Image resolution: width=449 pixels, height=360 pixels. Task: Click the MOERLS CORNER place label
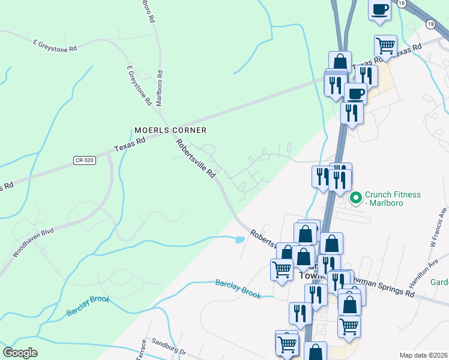(170, 130)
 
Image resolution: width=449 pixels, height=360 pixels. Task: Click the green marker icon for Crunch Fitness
(355, 196)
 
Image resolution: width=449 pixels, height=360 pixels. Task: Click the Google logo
(20, 353)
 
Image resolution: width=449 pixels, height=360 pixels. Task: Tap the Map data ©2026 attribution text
(424, 355)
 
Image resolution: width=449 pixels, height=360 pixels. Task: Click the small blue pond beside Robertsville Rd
(240, 240)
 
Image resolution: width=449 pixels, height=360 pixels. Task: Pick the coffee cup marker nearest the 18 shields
(379, 10)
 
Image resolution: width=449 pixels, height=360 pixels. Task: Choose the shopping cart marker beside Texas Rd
(385, 45)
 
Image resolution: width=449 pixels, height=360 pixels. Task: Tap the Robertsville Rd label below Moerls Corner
(196, 158)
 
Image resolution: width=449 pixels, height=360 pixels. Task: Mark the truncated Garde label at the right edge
(440, 282)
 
